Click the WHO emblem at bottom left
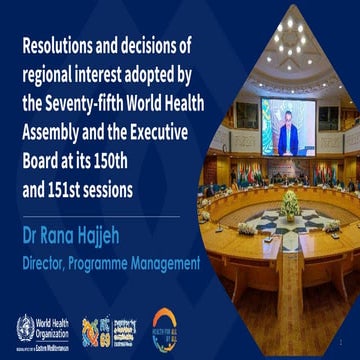click(25, 325)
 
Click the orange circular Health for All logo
click(164, 325)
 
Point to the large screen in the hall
click(287, 126)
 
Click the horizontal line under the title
click(100, 216)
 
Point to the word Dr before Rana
click(31, 240)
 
